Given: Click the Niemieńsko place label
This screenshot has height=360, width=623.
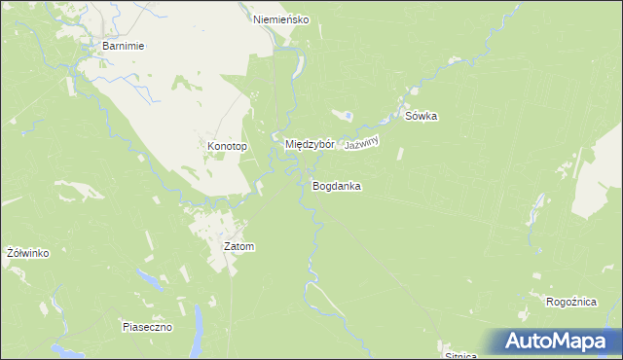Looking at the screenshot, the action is point(280,18).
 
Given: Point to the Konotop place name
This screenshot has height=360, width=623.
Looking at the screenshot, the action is point(227,146).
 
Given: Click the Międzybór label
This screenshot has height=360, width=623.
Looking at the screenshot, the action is point(310,144).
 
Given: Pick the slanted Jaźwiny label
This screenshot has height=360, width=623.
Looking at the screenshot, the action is point(360,142).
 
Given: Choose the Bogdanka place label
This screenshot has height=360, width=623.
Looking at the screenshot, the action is point(337,185).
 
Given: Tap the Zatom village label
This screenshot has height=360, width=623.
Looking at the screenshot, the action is point(238,246).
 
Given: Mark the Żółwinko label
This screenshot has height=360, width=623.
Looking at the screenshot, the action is point(27,253).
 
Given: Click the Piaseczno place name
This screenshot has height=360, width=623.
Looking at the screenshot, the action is point(147,327).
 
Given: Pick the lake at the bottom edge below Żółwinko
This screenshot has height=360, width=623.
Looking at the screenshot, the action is point(60,349).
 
